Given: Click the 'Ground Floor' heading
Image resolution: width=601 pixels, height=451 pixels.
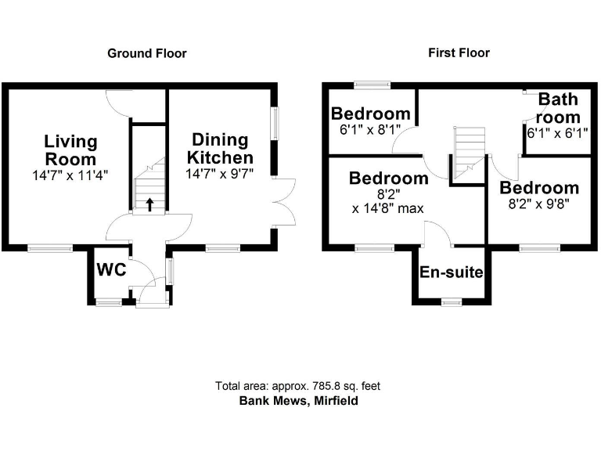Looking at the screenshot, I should pos(146,53).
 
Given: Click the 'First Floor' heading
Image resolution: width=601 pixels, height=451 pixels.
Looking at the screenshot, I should pos(459,52).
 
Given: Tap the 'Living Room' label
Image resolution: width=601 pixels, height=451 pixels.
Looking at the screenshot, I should pos(70,150).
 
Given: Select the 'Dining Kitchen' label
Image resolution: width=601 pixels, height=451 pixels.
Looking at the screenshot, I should pos(220,149).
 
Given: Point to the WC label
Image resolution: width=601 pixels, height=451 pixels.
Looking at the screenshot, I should pos(110,269).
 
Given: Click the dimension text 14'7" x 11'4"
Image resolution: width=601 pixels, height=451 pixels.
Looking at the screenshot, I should pos(70,176).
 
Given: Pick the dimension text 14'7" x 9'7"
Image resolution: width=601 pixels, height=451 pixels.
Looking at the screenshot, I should pos(220,175).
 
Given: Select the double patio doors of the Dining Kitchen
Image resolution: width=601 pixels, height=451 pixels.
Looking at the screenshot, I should pos(283,204).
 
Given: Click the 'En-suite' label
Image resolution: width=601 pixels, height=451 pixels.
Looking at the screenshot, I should pos(452,272).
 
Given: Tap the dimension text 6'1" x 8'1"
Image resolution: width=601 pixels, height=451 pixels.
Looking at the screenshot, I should pos(369,132).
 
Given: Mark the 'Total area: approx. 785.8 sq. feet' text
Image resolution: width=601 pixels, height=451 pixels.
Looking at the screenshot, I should pos(297,386).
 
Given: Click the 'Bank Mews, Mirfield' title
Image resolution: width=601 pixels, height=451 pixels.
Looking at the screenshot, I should pos(297,400).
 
